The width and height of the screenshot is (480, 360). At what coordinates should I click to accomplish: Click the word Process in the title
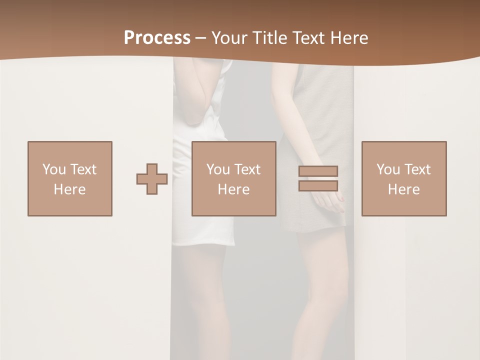[x=157, y=38]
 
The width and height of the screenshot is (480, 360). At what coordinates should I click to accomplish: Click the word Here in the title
[x=349, y=38]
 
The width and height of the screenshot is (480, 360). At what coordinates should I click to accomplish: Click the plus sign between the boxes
[x=152, y=179]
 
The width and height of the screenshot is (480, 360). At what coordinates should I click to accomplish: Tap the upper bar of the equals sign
[x=318, y=170]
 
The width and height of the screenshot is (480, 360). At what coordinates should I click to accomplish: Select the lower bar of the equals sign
[x=318, y=186]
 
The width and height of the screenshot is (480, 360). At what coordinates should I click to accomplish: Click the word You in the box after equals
[x=388, y=169]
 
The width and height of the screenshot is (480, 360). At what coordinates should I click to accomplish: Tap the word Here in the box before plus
[x=70, y=189]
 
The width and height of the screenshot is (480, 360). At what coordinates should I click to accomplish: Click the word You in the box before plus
[x=54, y=169]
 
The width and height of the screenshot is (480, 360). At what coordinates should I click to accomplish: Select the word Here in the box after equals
[x=404, y=189]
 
